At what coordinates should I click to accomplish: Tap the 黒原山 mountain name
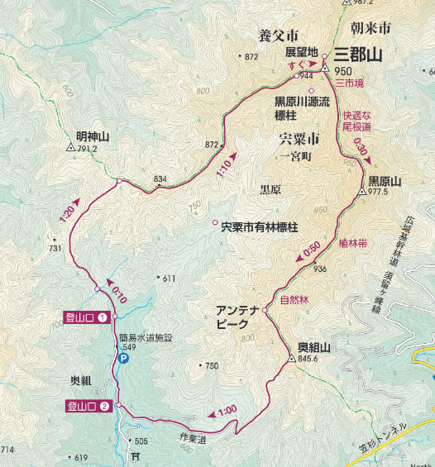[384, 180]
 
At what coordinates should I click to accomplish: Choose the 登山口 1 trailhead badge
[87, 317]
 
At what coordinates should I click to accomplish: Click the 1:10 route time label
[223, 165]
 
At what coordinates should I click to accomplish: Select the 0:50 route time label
[312, 249]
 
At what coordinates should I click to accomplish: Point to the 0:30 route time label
[361, 149]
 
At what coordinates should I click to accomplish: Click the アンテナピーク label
[237, 317]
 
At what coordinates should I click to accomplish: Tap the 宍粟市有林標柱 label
[259, 224]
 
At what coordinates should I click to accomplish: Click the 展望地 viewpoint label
[303, 50]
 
